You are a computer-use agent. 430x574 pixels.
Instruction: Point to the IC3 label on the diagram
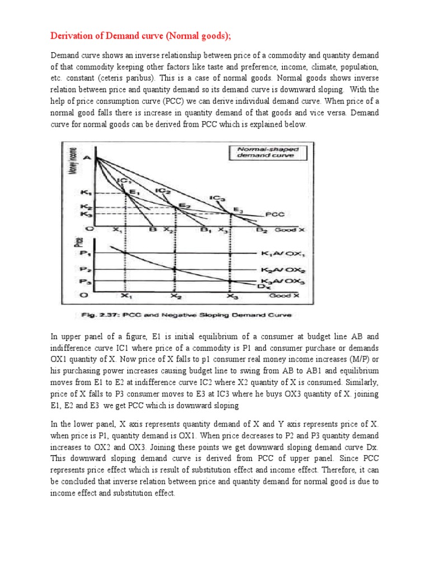click(217, 198)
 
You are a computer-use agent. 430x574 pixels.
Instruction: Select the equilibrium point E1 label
click(133, 192)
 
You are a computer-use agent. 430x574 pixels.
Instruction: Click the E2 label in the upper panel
click(184, 206)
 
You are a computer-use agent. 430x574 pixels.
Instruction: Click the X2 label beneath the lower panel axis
click(176, 296)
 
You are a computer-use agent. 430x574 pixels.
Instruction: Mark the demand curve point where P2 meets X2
click(176, 269)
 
